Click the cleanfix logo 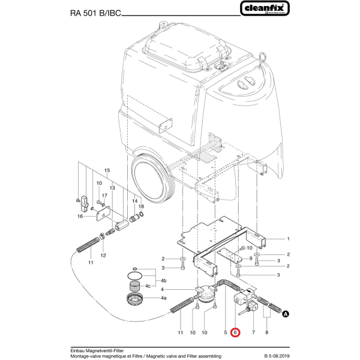click(x=266, y=9)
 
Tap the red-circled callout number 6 click(x=235, y=332)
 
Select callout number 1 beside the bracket click(x=288, y=239)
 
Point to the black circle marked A click(x=286, y=313)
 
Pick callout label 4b click(x=164, y=280)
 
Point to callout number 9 click(x=235, y=258)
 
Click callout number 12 click(x=103, y=256)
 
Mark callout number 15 click(x=108, y=171)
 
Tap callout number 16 click(x=80, y=218)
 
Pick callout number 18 click(x=141, y=206)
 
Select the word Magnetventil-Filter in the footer click(x=101, y=350)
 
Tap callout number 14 click(x=134, y=200)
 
